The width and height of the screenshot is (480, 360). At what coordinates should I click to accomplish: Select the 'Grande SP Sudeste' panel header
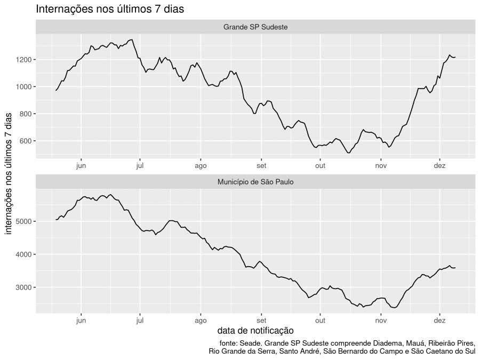coord(256,27)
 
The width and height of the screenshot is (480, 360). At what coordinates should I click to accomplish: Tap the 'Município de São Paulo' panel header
coord(256,182)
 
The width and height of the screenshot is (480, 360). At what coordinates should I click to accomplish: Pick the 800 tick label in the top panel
coord(26,114)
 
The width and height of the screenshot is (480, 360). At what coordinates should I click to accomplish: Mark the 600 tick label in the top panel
coord(26,141)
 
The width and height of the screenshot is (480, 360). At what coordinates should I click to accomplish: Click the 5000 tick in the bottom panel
coord(25,221)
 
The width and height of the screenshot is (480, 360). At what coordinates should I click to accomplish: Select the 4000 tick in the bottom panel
coord(25,254)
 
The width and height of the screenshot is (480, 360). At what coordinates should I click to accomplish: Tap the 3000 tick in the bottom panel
coord(25,287)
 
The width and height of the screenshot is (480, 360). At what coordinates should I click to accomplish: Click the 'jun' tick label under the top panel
coord(81,165)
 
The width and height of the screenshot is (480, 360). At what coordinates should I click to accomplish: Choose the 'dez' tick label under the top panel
coord(439,165)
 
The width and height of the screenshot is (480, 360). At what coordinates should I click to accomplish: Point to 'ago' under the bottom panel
coord(201,321)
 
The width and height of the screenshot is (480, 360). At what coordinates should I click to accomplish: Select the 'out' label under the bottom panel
coord(319,321)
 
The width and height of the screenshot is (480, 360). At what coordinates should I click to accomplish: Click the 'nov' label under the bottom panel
coord(380,321)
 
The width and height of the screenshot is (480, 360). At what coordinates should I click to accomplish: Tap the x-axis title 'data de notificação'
coord(255,331)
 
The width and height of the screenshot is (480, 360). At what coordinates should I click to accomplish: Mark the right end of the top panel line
coord(455,57)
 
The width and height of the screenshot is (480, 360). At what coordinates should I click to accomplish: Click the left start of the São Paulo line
coord(56,220)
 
